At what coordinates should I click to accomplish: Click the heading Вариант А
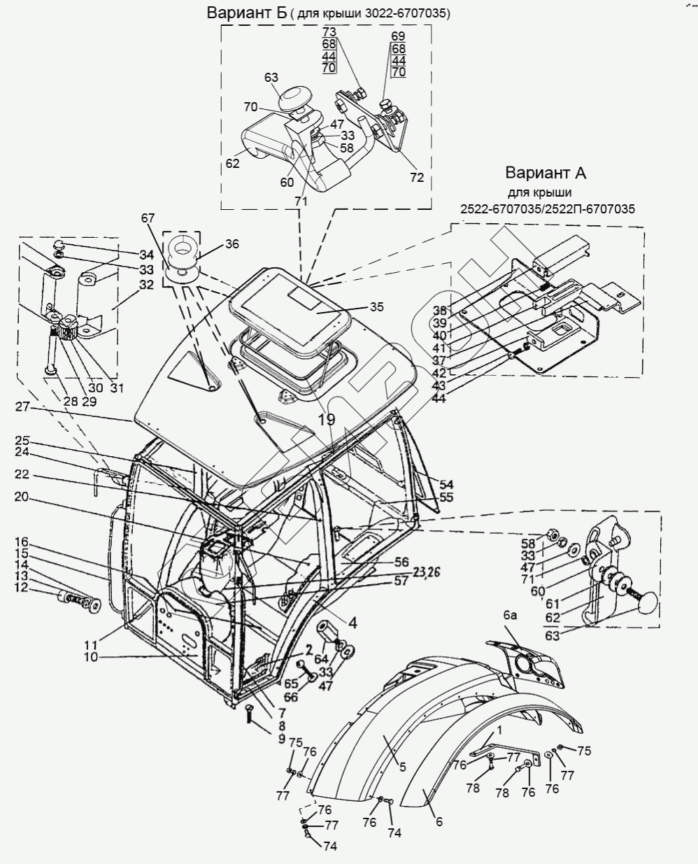(x=546, y=173)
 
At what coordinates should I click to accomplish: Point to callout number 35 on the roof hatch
(x=376, y=306)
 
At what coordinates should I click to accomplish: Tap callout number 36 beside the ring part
(x=232, y=244)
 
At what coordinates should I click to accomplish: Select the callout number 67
(x=148, y=219)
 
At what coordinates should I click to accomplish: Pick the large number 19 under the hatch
(x=327, y=419)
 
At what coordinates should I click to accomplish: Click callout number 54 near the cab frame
(x=446, y=484)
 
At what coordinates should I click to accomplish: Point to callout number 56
(x=401, y=562)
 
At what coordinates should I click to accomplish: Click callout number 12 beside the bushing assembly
(x=22, y=588)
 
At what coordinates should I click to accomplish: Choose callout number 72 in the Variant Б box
(x=417, y=178)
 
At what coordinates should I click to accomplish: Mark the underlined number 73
(x=329, y=33)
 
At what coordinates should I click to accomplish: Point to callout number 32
(x=146, y=285)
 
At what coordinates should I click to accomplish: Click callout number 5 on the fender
(x=402, y=767)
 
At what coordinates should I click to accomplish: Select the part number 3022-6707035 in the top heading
(x=402, y=14)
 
